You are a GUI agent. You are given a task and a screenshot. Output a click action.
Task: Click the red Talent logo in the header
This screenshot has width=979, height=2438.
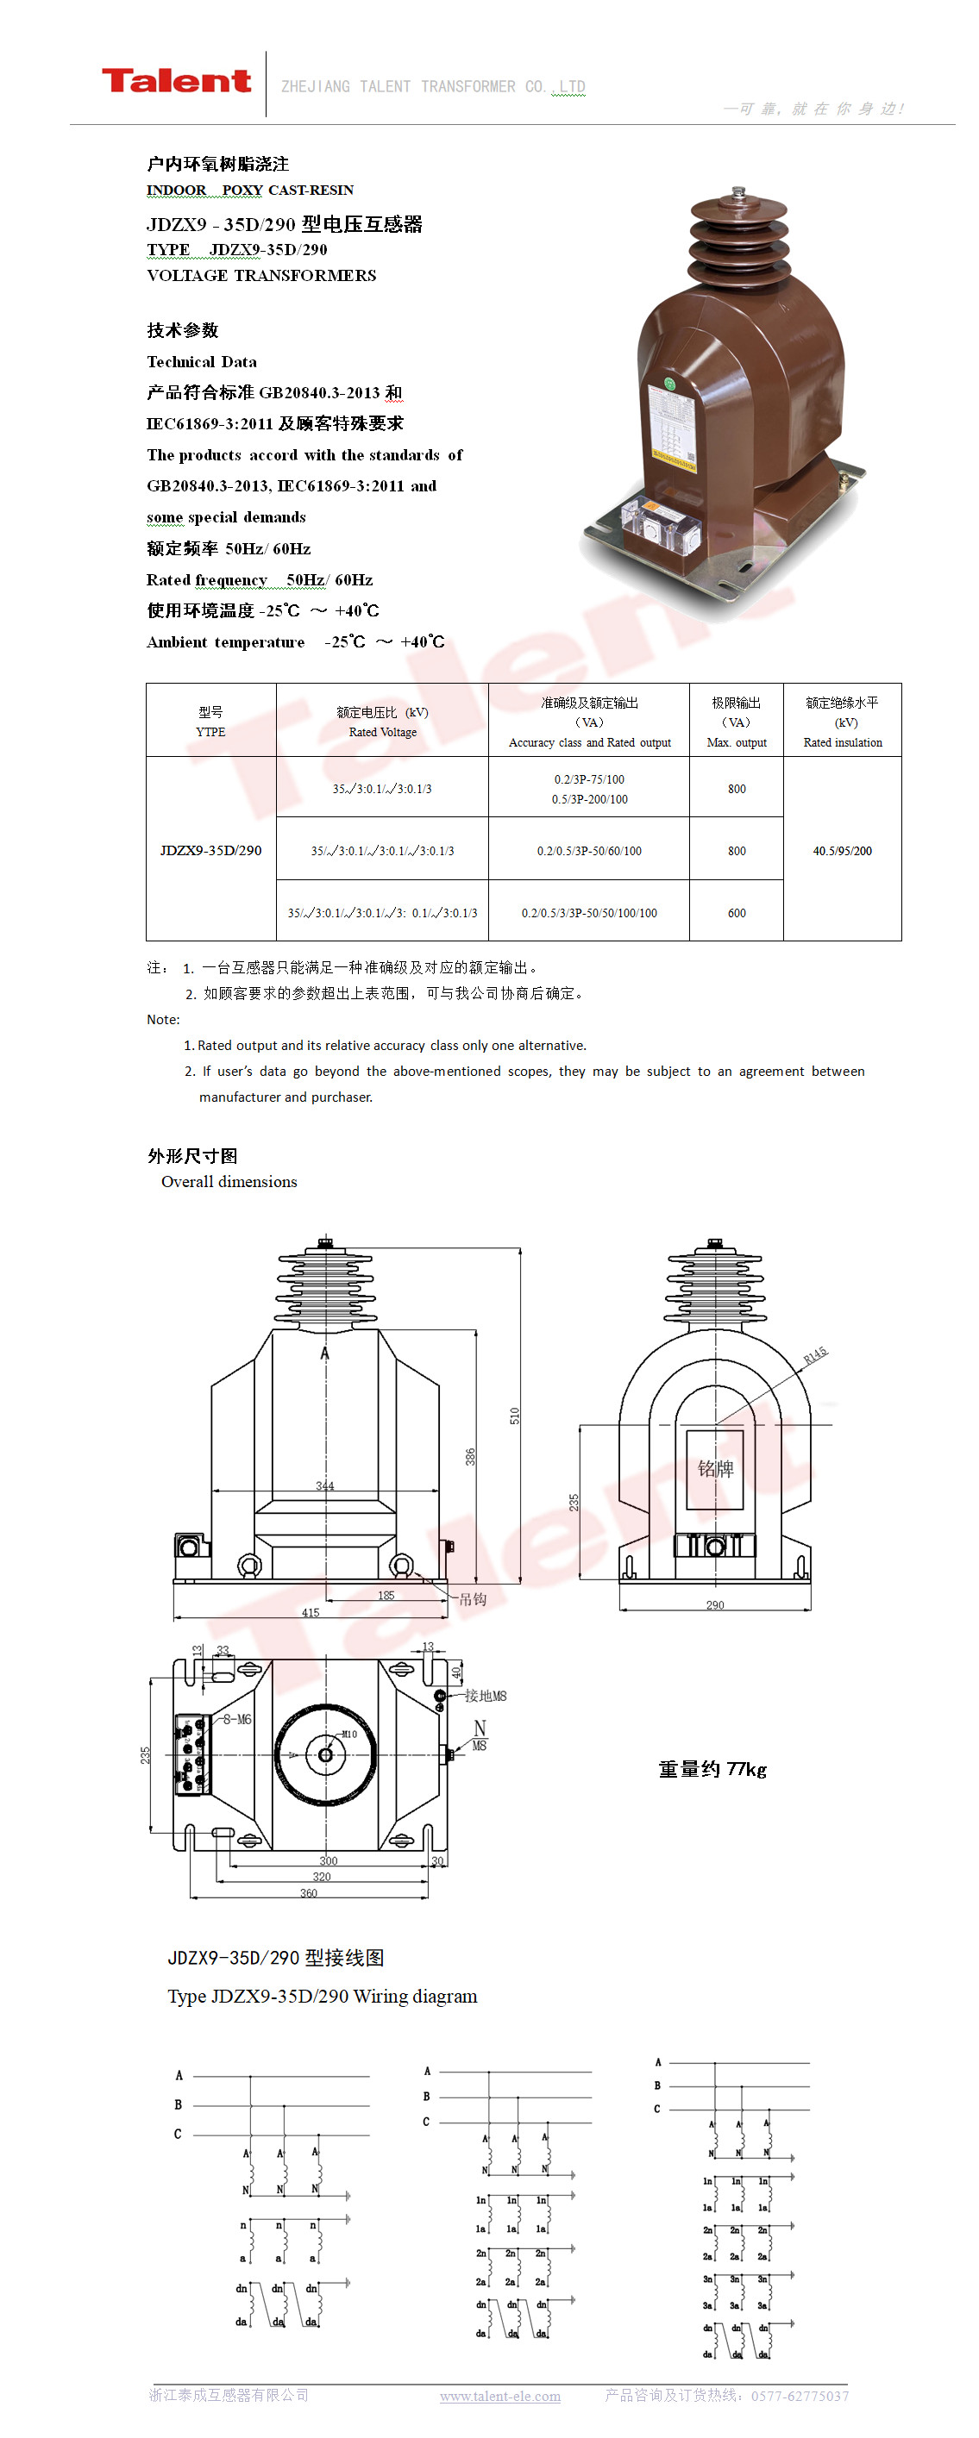coord(176,81)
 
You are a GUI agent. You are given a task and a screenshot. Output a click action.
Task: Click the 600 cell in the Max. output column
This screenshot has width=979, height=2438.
coord(736,912)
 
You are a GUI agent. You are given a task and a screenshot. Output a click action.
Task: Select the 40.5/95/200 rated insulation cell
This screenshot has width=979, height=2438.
coord(842,850)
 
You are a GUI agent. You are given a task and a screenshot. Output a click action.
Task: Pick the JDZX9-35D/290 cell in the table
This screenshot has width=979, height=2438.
coord(210,850)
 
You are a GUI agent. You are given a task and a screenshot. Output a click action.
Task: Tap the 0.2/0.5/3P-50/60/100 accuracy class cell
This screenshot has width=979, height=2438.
coord(588,850)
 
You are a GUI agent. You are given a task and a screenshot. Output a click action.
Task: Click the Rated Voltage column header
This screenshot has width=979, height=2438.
coord(381,722)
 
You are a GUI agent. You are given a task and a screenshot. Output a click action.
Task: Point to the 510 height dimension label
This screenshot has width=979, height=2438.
coord(514,1415)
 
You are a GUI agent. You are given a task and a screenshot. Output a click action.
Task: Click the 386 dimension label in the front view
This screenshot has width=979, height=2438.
coord(469,1457)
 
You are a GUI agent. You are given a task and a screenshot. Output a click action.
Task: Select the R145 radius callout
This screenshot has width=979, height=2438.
coord(815,1354)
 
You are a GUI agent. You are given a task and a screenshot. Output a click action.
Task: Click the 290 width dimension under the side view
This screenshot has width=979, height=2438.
coord(715,1604)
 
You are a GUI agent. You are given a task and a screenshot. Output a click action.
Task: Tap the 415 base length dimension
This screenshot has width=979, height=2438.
coord(311,1612)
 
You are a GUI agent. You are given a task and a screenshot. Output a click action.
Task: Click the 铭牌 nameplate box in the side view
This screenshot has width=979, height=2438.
coord(715,1468)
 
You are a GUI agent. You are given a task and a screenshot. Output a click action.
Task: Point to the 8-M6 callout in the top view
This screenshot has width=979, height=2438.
coord(236,1719)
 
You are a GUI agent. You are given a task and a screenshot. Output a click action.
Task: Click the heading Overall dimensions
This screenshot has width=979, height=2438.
coord(229,1181)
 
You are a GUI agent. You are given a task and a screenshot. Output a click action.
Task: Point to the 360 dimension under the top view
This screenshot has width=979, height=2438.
coord(309,1893)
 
